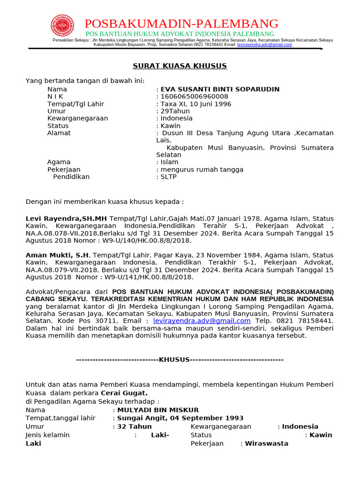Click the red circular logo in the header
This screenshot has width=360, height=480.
[x=62, y=25]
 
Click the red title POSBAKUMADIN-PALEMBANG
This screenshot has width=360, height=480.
[x=181, y=23]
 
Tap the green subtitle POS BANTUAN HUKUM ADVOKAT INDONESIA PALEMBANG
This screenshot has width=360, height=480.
[x=180, y=34]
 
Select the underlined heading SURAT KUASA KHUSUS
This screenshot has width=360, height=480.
[x=180, y=66]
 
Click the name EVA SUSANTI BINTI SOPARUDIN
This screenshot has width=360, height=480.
[x=220, y=89]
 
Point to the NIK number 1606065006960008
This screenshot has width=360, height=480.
[x=194, y=97]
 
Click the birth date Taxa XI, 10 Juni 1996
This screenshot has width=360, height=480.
[x=196, y=104]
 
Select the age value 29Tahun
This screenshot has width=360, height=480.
[x=175, y=111]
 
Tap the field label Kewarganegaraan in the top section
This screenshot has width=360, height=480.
[x=77, y=119]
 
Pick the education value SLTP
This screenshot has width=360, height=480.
[x=169, y=177]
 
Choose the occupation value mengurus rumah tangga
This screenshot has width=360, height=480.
[x=202, y=170]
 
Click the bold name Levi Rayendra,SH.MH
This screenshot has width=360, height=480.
[x=66, y=218]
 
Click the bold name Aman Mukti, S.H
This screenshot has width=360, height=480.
[x=57, y=255]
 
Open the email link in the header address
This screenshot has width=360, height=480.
[x=264, y=45]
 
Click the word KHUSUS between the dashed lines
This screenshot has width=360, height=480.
[x=174, y=360]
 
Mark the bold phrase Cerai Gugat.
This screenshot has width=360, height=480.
[x=124, y=393]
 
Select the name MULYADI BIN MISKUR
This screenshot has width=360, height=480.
[x=158, y=410]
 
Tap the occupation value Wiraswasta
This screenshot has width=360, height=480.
[x=267, y=443]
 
